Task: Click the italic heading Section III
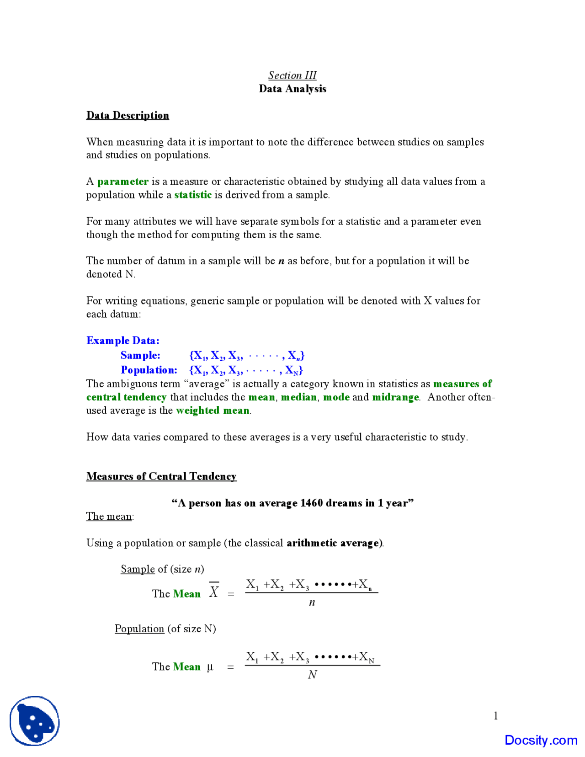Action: point(292,75)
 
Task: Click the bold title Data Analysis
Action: point(292,89)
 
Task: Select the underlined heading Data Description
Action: point(128,115)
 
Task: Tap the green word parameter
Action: point(123,181)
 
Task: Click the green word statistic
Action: point(193,195)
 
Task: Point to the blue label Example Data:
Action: point(122,341)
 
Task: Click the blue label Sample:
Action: point(140,355)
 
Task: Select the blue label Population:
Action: point(149,370)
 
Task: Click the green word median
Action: point(298,397)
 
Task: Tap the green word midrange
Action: point(395,397)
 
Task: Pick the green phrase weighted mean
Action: point(213,410)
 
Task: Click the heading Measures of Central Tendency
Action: point(161,476)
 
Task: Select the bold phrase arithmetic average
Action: point(333,543)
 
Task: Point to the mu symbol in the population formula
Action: point(210,667)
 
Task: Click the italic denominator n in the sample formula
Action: point(312,602)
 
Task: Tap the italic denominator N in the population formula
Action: point(312,674)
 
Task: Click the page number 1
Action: point(495,715)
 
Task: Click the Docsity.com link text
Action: point(541,740)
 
